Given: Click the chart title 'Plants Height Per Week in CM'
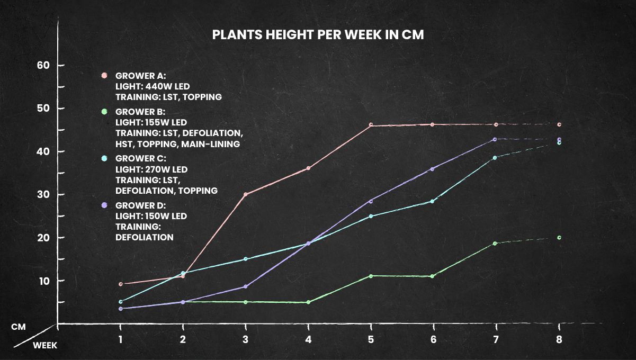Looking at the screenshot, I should coord(318,34).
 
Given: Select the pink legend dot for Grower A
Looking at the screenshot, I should coord(104,75).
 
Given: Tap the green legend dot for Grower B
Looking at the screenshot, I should coord(104,112).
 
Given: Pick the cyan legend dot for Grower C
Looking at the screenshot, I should coord(104,158).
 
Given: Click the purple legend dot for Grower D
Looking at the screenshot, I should coord(104,205).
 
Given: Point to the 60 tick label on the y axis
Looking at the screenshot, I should coord(43,65).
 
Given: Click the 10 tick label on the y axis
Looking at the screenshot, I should coord(43,281).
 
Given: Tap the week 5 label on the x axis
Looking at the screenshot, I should coord(371,339).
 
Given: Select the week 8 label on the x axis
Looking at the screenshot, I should coord(559,339).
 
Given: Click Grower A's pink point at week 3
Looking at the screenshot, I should coord(245,194).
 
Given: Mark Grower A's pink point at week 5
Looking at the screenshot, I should coord(371,125).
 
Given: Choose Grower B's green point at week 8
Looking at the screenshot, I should coord(559,238).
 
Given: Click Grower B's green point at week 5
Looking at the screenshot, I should coord(371,276).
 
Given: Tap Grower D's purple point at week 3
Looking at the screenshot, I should coord(245,286).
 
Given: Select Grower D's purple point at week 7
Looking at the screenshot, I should coord(496,139).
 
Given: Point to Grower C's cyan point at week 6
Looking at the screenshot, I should coord(433,201).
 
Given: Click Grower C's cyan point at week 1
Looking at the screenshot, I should coord(120,302).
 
